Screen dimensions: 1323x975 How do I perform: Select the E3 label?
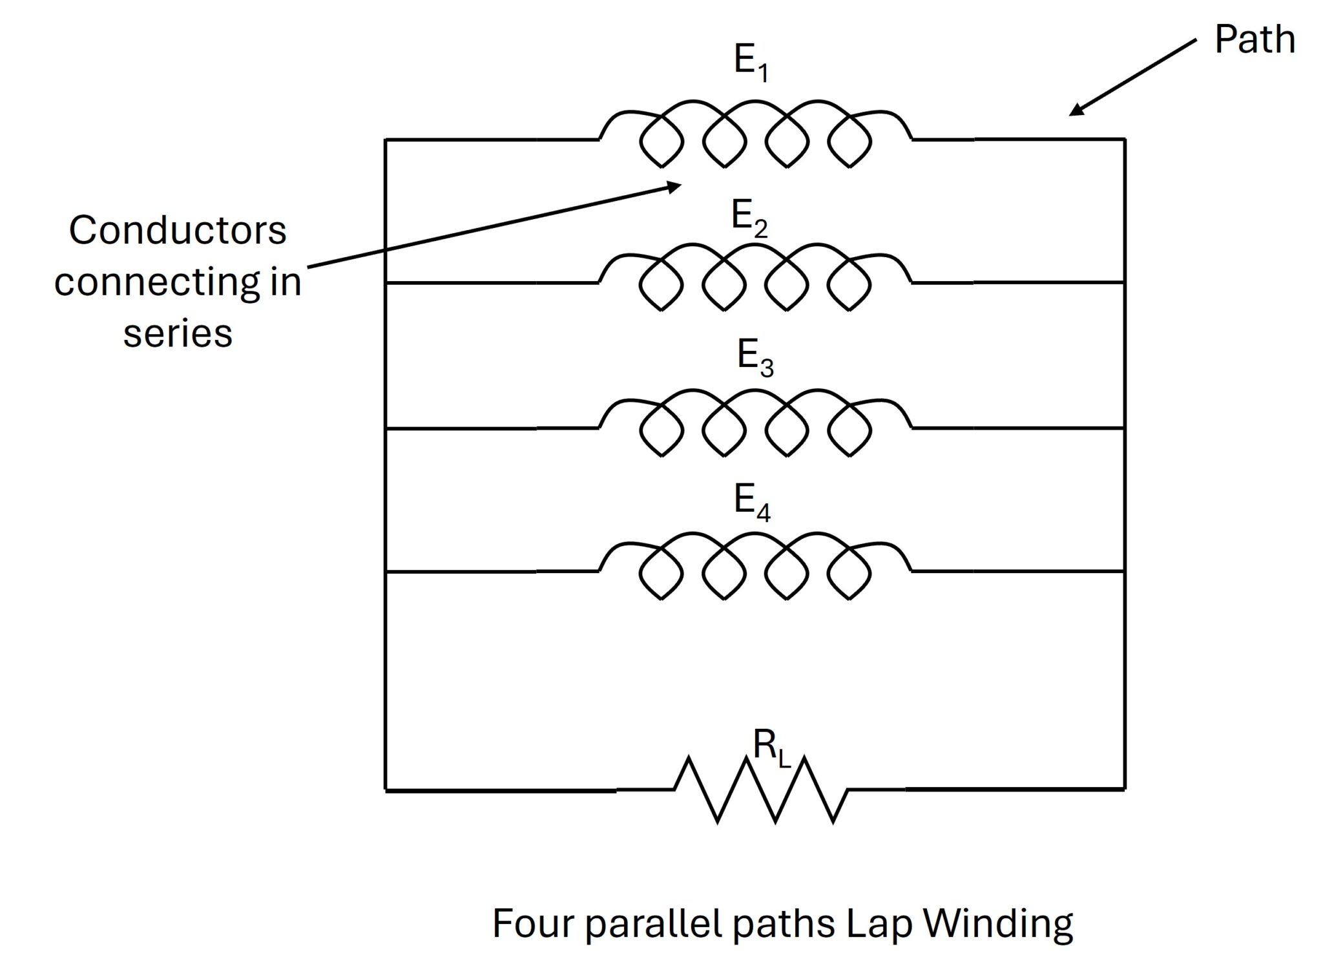tap(755, 357)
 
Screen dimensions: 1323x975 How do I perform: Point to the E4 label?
tap(752, 502)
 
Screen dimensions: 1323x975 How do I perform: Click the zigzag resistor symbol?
tap(761, 790)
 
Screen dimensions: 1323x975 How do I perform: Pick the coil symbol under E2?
tap(755, 278)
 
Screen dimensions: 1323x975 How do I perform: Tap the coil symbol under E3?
tap(755, 423)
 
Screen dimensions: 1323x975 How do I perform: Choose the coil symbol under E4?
tap(755, 567)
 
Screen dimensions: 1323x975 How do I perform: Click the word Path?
tap(1255, 40)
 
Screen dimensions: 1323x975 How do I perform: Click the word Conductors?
tap(177, 231)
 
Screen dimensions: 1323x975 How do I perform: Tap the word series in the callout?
tap(178, 334)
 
